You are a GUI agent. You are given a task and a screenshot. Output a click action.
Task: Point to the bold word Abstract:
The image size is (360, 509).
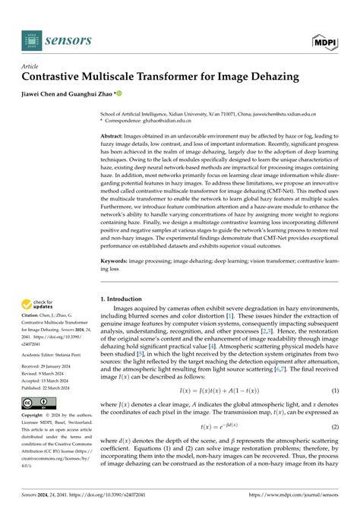tap(115, 134)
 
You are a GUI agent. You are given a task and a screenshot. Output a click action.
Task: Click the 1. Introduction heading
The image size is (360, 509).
tap(126, 280)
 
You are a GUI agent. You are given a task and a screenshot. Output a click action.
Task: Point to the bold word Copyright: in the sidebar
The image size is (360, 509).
tap(35, 416)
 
